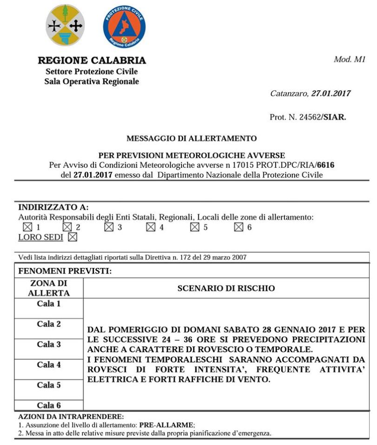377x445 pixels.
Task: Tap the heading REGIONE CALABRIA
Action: (x=92, y=61)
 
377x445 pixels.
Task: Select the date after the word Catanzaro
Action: (x=330, y=94)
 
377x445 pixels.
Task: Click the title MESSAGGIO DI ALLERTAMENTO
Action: (x=191, y=138)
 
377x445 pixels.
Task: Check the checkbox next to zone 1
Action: (x=27, y=227)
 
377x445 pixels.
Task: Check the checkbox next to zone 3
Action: (x=109, y=227)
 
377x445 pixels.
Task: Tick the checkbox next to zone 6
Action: (x=239, y=227)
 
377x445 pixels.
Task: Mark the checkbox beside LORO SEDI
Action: (x=72, y=237)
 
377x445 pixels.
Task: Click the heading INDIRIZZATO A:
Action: (x=53, y=207)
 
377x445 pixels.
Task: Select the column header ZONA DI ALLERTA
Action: (x=49, y=288)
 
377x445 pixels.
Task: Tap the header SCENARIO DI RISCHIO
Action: (x=226, y=288)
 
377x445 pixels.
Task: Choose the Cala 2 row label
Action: (x=49, y=324)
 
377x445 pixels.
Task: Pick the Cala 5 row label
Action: (x=49, y=385)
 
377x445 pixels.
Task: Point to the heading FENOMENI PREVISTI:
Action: (x=65, y=271)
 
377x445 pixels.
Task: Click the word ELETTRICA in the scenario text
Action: (x=110, y=379)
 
